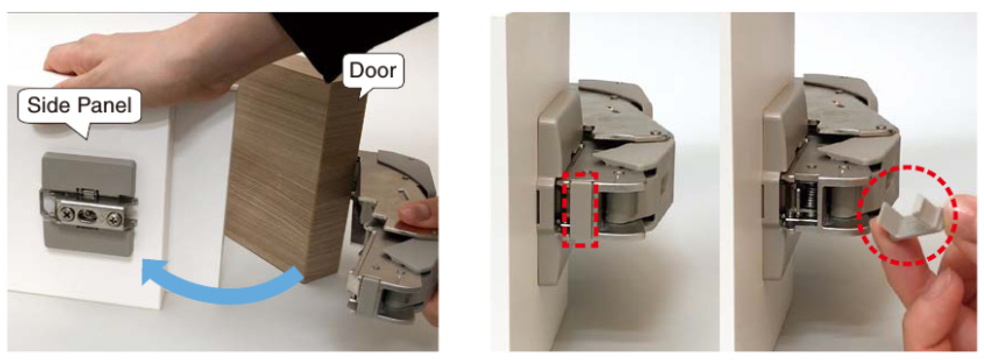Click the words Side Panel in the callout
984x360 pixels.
coord(80,105)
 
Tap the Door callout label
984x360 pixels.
coord(373,70)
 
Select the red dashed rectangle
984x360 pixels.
coord(581,209)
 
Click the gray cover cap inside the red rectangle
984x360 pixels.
coord(581,210)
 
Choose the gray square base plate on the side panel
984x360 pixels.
coord(89,204)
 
